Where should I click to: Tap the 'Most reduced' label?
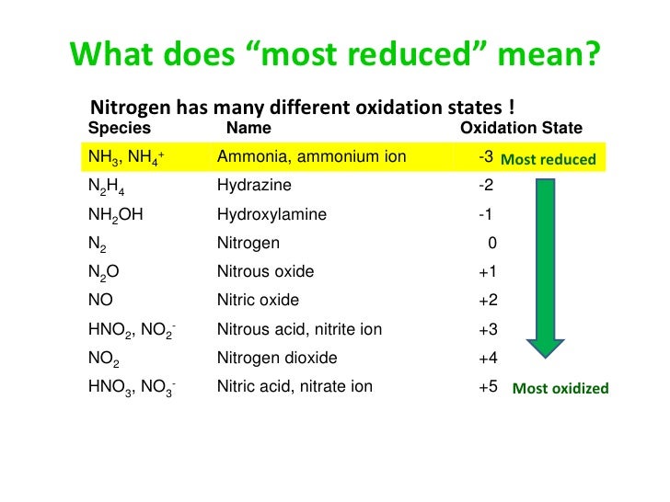pos(549,160)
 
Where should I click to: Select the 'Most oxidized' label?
pos(560,388)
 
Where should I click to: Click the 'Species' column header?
pos(119,129)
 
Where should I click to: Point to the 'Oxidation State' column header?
pos(520,129)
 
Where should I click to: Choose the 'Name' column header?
pos(248,129)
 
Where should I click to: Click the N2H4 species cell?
pos(108,187)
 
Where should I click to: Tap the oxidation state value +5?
pos(488,387)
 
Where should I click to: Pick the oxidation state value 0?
pos(492,244)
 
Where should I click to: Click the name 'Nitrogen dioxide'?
pos(277,358)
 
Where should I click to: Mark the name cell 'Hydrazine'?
pos(254,186)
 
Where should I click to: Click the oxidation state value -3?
pos(488,158)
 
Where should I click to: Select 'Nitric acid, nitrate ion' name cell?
pos(295,387)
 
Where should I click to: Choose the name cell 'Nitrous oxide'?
pos(265,272)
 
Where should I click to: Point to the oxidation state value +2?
pos(488,301)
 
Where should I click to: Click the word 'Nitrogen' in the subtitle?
pos(124,107)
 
